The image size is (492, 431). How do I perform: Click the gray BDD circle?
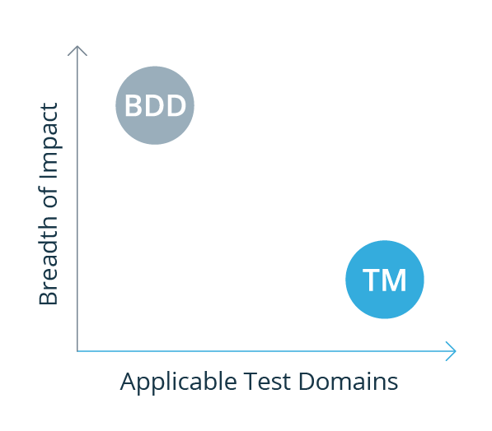pyautogui.click(x=155, y=105)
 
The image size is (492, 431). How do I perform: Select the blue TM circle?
pyautogui.click(x=385, y=280)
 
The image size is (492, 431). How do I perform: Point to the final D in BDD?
pyautogui.click(x=176, y=105)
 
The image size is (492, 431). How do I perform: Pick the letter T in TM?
pyautogui.click(x=372, y=280)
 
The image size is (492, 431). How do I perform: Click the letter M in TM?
pyautogui.click(x=395, y=280)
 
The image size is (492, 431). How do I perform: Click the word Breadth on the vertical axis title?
pyautogui.click(x=49, y=262)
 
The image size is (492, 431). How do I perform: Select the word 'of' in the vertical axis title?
pyautogui.click(x=49, y=197)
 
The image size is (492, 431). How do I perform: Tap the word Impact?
pyautogui.click(x=49, y=140)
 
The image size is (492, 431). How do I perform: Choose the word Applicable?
pyautogui.click(x=178, y=382)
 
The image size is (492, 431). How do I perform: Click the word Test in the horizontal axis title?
pyautogui.click(x=267, y=382)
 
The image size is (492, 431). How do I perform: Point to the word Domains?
pyautogui.click(x=349, y=381)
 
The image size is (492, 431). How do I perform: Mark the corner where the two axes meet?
pyautogui.click(x=77, y=351)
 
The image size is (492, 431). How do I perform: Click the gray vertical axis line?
pyautogui.click(x=77, y=198)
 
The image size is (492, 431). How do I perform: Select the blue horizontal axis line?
pyautogui.click(x=266, y=351)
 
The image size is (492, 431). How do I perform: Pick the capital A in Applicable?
pyautogui.click(x=129, y=381)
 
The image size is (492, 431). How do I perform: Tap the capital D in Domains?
pyautogui.click(x=307, y=381)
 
